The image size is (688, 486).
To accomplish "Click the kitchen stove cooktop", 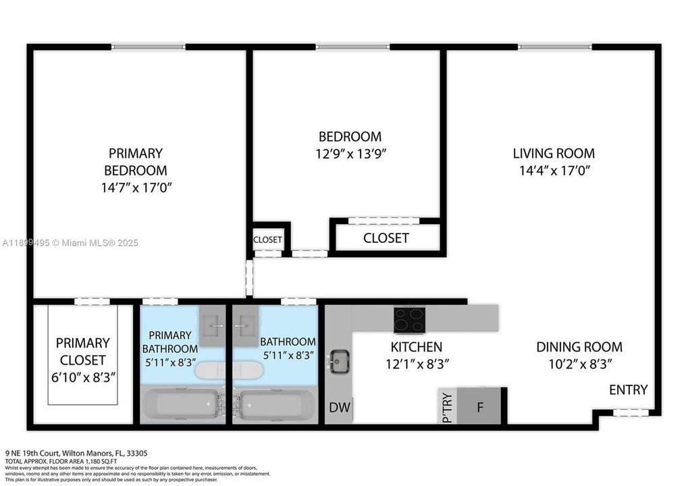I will coord(409,320).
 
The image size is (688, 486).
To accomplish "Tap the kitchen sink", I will coord(338,362).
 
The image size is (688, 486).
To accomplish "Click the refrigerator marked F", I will coord(479,407).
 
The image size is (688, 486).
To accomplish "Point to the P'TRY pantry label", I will coord(446,408).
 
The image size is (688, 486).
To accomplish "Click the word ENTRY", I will coord(628,389).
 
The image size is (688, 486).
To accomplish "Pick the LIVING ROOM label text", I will coord(554,153).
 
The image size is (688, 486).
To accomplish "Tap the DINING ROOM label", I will coord(579,347).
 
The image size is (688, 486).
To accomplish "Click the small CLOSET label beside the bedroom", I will coord(267,240).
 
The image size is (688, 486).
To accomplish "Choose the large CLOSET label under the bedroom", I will coord(386,238).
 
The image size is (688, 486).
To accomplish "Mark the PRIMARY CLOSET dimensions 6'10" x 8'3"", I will coord(82,377).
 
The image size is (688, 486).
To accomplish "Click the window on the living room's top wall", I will coord(554,47).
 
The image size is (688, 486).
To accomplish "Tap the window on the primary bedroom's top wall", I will coord(148,47).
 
